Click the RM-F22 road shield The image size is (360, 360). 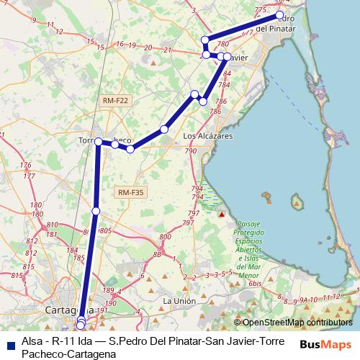(114, 101)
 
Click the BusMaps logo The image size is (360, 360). (326, 345)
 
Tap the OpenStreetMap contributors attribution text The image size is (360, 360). (297, 323)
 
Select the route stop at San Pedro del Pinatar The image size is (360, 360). (279, 14)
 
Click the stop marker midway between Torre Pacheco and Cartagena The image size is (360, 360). (96, 211)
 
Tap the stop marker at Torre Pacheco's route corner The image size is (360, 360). (98, 143)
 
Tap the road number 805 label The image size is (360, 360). (104, 230)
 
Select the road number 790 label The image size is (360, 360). (191, 151)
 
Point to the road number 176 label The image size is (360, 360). (27, 166)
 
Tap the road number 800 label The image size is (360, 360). (165, 237)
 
